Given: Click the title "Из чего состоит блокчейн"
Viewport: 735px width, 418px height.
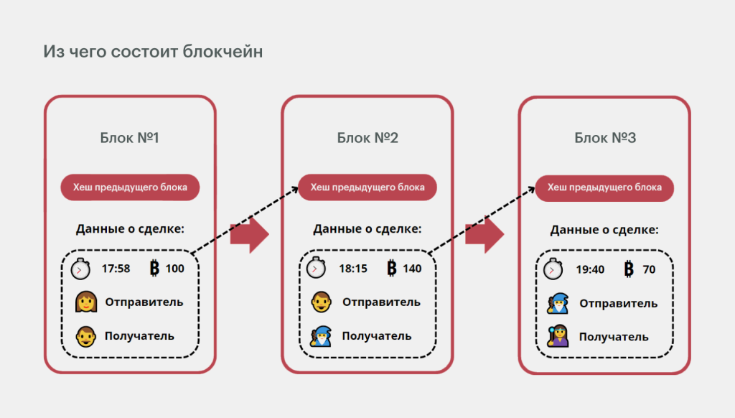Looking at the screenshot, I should pos(152,52).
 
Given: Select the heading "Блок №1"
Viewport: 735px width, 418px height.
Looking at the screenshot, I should pos(129,137).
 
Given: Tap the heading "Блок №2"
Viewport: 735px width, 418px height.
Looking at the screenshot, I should pos(367,137).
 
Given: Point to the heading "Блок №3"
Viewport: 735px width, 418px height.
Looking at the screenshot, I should pos(604,137).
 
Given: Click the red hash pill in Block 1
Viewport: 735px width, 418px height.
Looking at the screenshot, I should pos(129,187).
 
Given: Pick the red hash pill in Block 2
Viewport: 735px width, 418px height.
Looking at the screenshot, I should pos(367,187).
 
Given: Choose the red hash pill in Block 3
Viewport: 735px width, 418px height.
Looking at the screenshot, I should pos(604,187).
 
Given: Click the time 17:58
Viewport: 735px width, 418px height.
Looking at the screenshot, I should pos(116,269).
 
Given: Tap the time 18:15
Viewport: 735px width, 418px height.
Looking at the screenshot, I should pos(353,269).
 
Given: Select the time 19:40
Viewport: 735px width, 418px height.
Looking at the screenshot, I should pos(591,269).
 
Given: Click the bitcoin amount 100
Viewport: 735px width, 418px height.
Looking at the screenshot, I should pos(175,269).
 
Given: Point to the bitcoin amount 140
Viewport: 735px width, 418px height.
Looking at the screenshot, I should pos(412,269).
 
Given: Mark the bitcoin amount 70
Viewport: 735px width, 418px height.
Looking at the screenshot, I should pos(650,269).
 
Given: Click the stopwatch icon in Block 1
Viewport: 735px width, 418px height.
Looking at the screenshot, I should pos(81,269).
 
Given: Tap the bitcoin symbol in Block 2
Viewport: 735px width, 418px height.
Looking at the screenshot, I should pos(392,269).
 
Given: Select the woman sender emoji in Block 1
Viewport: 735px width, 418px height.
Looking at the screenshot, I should pos(86,302).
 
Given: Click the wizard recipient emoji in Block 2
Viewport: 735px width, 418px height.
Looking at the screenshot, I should pos(320,336).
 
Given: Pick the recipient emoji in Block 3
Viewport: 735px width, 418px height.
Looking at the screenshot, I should pos(558,336).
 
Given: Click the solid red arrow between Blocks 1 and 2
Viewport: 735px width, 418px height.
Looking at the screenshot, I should pos(249,235).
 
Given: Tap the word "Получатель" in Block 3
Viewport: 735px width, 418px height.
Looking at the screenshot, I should pos(614,337).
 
